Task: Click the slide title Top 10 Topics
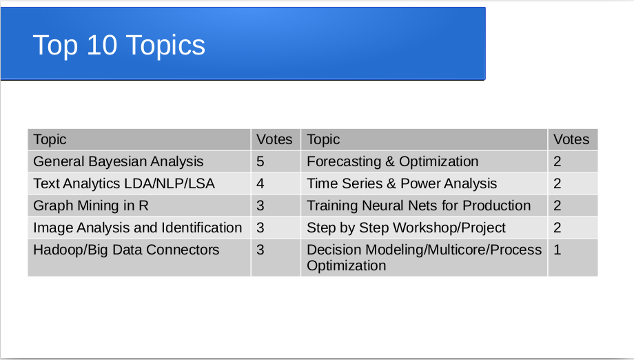(x=119, y=46)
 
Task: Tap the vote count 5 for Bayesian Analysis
(x=260, y=162)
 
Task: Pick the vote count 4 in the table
(x=260, y=183)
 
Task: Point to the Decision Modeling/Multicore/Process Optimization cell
(x=424, y=258)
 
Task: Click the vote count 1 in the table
(x=558, y=250)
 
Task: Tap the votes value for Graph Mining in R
(x=260, y=206)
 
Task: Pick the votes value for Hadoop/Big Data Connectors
(x=260, y=250)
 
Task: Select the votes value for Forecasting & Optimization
(x=558, y=162)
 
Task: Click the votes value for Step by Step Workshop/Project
(x=558, y=228)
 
